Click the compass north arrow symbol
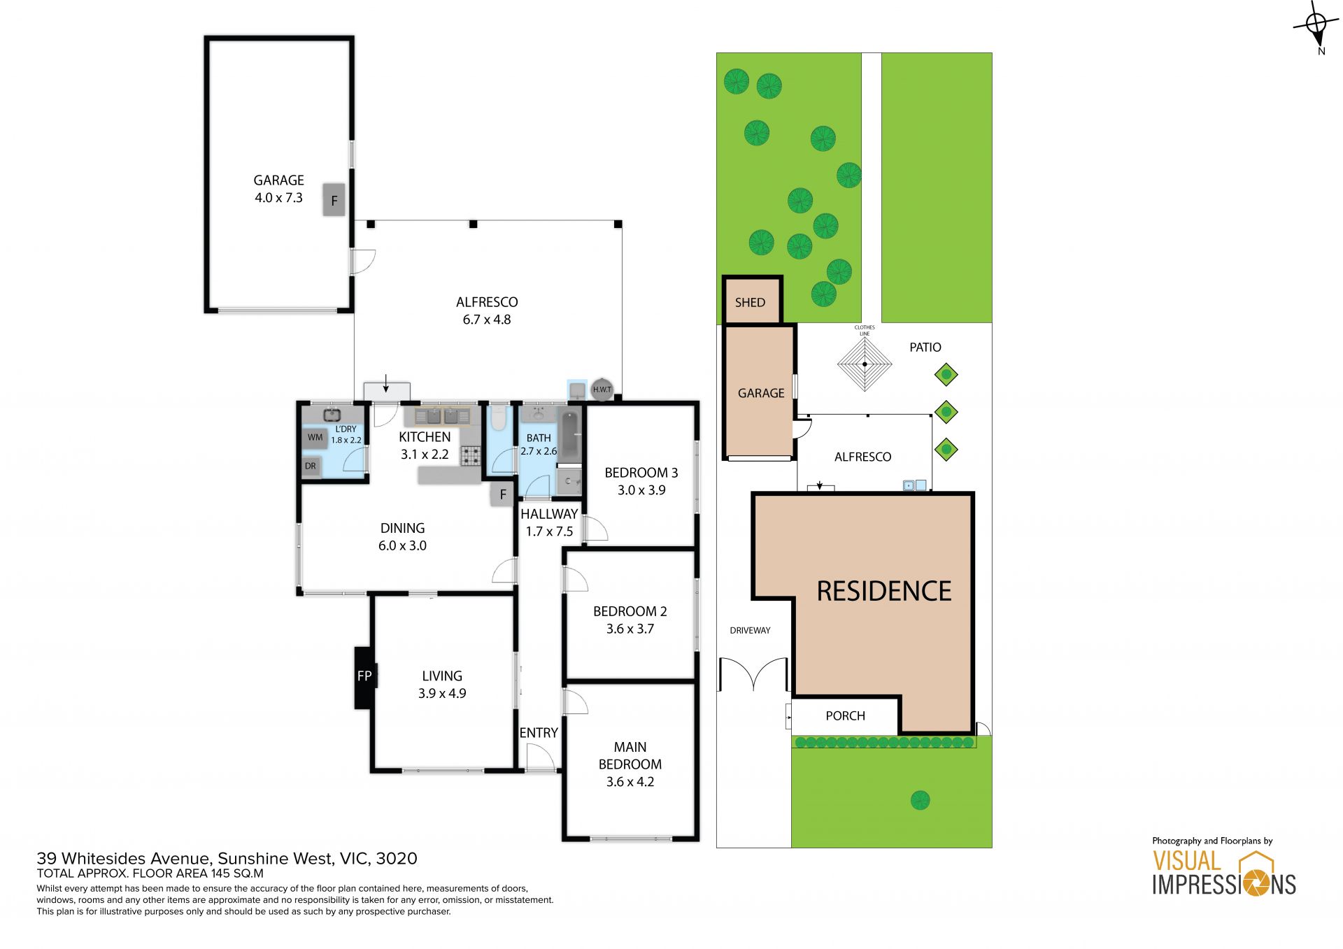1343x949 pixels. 1316,27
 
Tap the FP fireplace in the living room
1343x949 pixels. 364,677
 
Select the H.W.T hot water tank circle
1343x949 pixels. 602,390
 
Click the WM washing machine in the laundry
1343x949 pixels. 315,438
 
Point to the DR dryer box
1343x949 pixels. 311,466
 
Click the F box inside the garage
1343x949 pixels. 334,200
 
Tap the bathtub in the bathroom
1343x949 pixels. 570,436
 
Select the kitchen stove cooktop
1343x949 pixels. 471,456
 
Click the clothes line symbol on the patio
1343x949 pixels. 865,364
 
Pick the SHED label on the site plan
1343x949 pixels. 750,303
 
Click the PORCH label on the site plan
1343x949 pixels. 845,716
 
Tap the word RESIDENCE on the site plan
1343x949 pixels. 884,592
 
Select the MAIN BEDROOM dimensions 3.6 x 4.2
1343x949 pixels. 630,782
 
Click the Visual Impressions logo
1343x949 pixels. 1224,873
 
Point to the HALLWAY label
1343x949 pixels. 549,514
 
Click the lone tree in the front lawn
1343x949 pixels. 920,800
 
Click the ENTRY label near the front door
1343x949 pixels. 539,733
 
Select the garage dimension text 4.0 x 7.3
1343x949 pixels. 278,198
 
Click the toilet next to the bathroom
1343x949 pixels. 498,418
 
